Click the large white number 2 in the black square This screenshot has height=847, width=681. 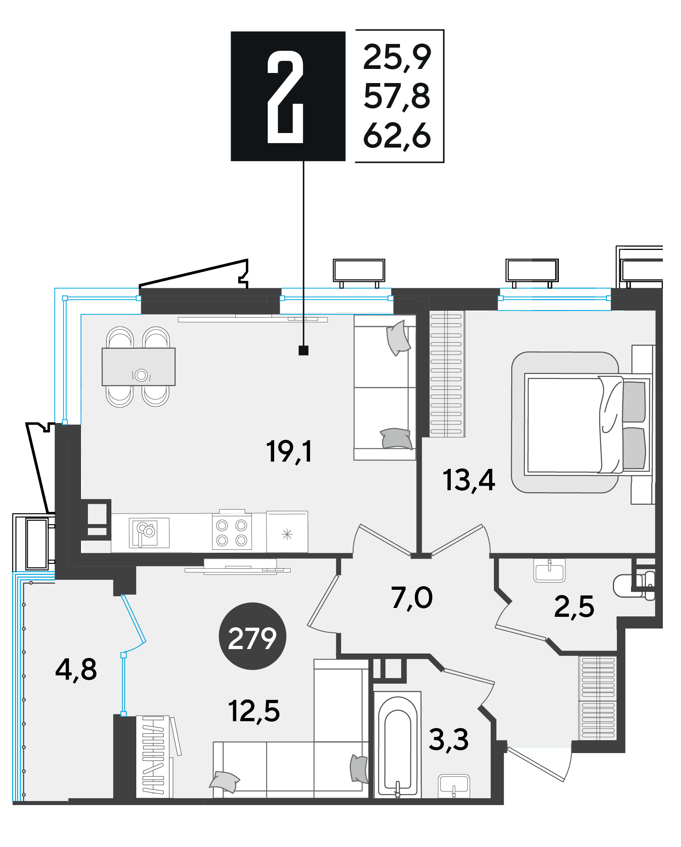point(285,97)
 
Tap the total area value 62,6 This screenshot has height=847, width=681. point(397,136)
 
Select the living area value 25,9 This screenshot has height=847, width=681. point(397,57)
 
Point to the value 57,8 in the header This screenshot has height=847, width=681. point(397,97)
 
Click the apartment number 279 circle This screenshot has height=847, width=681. point(252,636)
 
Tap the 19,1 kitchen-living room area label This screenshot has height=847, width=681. point(289,451)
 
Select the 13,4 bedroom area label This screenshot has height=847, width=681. point(469,480)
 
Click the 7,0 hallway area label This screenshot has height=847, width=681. point(412,598)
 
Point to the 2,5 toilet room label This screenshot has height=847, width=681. point(574,607)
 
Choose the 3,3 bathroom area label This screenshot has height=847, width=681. point(448,740)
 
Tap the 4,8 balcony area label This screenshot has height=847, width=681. point(76,670)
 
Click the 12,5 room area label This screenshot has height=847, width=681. point(254,711)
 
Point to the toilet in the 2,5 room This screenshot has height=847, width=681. point(633,585)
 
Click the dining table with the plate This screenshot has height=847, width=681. point(139,367)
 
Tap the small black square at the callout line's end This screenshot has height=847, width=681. point(304,350)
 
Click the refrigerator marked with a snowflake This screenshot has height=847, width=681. point(287,532)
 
